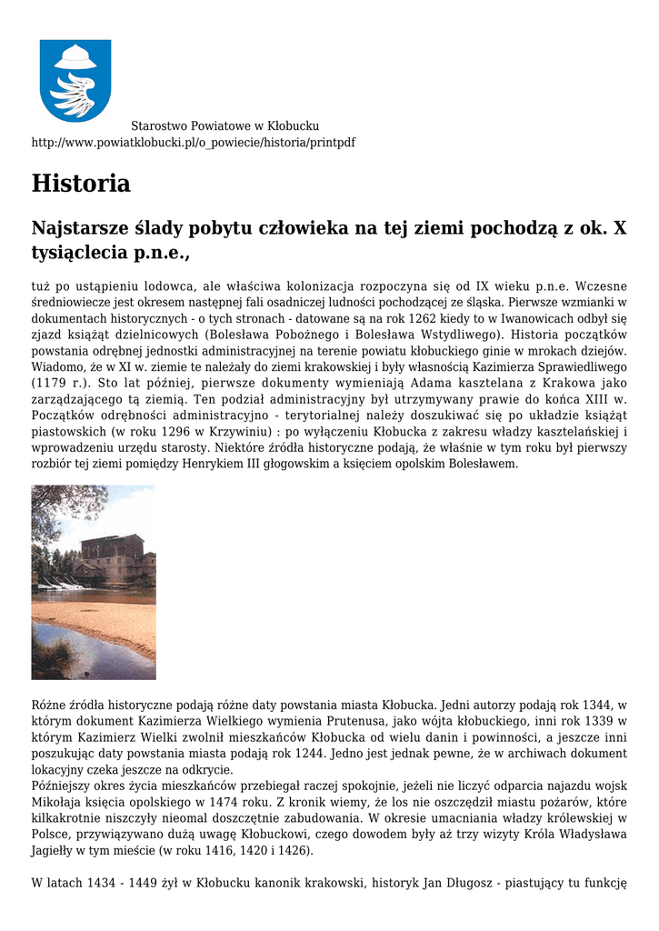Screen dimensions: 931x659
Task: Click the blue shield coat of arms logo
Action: [x=75, y=80]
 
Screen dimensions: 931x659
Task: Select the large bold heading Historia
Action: [x=81, y=184]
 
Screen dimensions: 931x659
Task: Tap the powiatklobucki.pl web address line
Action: [x=193, y=143]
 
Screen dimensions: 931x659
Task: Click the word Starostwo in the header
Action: [x=157, y=125]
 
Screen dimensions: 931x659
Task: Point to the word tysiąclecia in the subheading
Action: [x=76, y=252]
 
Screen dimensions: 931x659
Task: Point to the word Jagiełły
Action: [x=56, y=851]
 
